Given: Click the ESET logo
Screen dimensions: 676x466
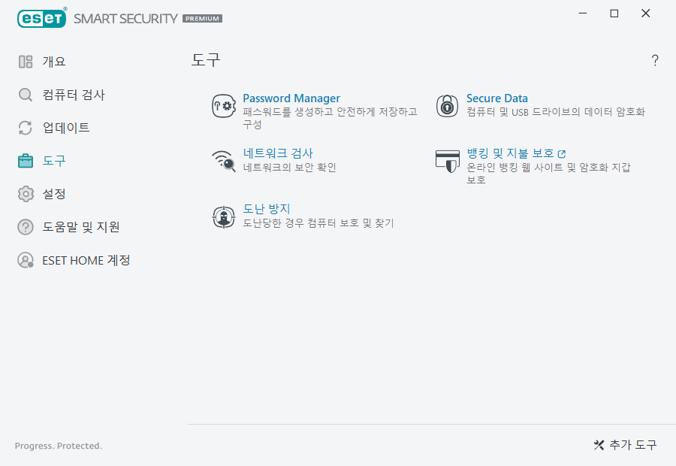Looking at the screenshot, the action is pos(42,17).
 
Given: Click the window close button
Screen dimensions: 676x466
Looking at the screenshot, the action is pos(646,14).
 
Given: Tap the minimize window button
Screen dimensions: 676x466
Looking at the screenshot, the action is pos(583,14).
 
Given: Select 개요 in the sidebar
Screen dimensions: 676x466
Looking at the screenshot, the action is pos(53,62).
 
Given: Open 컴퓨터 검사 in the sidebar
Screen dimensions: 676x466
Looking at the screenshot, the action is pos(73,95).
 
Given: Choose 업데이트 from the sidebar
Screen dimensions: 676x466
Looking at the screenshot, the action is pos(65,128).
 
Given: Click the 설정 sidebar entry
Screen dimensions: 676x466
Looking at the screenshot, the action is pos(53,194).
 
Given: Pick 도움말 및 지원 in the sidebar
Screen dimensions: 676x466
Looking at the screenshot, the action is pos(80,227).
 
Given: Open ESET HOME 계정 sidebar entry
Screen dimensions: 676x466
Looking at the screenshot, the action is pos(86,260).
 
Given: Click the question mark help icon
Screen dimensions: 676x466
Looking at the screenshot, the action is pos(655,61).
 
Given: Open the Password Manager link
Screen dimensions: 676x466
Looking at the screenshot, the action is pos(291,98).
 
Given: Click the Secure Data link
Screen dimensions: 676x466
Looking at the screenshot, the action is pos(496,98).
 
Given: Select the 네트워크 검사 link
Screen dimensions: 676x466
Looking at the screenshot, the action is pos(278,153).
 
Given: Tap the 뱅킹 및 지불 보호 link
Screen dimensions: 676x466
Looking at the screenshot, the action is pos(511,153).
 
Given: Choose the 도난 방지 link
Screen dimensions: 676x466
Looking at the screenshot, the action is pos(267,209).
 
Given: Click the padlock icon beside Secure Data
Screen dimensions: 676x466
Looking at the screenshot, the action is pos(448,106).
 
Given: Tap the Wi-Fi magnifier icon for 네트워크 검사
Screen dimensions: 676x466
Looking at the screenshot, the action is pos(224,161).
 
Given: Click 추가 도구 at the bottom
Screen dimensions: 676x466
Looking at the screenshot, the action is pos(625,445).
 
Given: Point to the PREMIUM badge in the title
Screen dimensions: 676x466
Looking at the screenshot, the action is pos(203,18).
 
